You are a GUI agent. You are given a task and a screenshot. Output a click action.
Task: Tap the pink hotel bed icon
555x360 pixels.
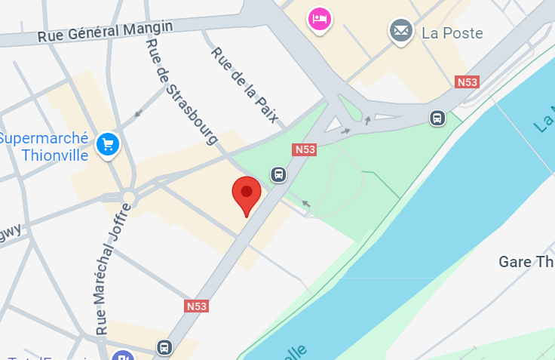(319, 18)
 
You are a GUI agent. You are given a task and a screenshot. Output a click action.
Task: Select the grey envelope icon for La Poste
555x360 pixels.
(401, 31)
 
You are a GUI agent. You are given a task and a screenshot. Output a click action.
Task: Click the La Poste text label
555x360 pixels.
(452, 33)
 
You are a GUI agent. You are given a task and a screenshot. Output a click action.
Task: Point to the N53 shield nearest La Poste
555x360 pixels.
(467, 82)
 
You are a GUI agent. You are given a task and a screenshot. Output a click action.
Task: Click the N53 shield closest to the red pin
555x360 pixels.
(305, 149)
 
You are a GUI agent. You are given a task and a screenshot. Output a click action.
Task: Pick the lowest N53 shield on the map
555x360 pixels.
(196, 306)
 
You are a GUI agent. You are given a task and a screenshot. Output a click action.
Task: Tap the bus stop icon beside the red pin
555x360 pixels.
(278, 175)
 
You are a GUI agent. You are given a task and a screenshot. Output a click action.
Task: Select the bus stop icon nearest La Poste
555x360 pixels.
(437, 118)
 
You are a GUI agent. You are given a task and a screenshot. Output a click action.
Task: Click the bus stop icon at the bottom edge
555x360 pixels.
(164, 348)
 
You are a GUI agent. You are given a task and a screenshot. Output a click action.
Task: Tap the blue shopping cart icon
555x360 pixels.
(109, 143)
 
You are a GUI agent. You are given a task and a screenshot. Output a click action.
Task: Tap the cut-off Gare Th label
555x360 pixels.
(526, 262)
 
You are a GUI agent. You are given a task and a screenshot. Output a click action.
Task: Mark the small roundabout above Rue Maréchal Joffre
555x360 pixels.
(129, 198)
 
